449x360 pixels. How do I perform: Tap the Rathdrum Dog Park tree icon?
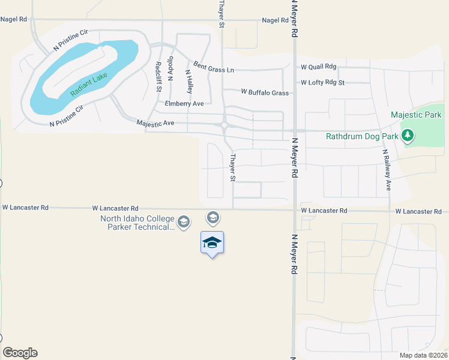pos(408,136)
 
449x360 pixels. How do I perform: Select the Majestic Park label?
pos(416,115)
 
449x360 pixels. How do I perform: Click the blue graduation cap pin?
pos(212,242)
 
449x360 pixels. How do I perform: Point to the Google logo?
pos(20,353)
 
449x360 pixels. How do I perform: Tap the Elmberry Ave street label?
pos(184,104)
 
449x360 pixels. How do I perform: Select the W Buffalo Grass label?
pos(265,92)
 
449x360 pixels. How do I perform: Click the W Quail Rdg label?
pos(319,67)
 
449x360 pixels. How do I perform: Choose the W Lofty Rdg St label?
pos(323,82)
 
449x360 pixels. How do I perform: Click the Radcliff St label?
pos(158,76)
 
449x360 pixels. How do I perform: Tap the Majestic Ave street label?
pos(155,123)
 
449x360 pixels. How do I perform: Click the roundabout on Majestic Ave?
pos(224,125)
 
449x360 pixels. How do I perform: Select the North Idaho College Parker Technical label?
pos(137,222)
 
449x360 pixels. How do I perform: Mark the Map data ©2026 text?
pos(423,355)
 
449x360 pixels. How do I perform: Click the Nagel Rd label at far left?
pos(14,19)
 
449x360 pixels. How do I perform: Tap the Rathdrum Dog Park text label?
pos(362,136)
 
